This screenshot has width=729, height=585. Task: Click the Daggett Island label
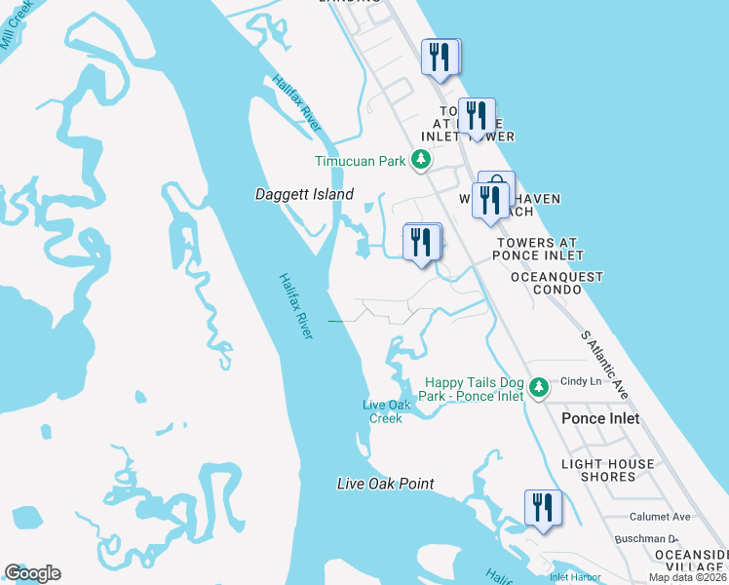[x=304, y=194]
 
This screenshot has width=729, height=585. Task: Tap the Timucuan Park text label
[x=359, y=161]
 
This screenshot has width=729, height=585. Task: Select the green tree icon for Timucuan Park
[x=420, y=159]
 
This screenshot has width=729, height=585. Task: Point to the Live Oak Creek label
[x=382, y=411]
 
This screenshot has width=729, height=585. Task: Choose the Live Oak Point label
[x=385, y=484]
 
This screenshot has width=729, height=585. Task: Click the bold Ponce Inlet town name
[x=600, y=418]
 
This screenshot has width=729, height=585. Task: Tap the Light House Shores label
[x=607, y=471]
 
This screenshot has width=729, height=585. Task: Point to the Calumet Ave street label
[x=659, y=517]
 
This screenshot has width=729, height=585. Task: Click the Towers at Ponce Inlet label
[x=537, y=249]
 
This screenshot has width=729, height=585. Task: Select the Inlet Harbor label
[x=574, y=576]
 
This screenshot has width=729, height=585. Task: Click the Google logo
[x=32, y=573]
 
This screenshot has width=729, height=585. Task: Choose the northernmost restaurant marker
[x=441, y=57]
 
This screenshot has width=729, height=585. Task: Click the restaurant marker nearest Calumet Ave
[x=543, y=508]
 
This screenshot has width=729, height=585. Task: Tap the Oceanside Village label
[x=690, y=561]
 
